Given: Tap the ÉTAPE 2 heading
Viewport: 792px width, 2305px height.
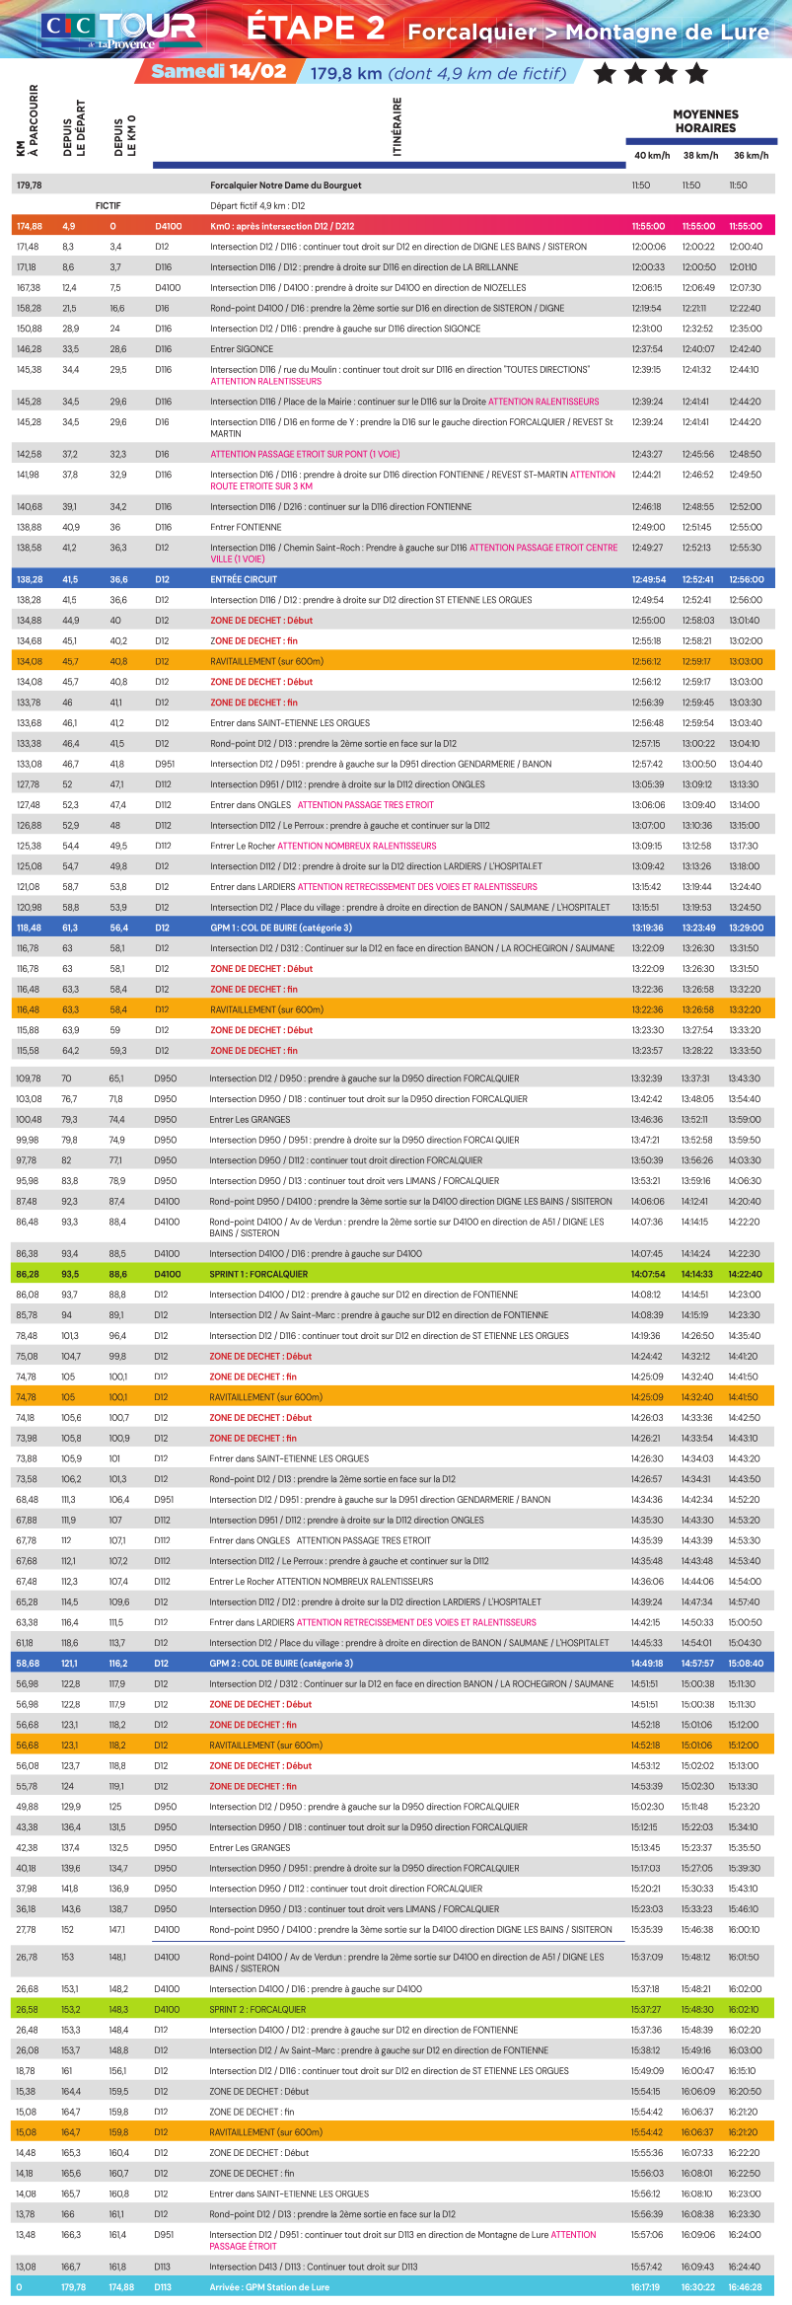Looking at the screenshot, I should pyautogui.click(x=315, y=28).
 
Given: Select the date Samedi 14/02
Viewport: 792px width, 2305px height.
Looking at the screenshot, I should pyautogui.click(x=219, y=71).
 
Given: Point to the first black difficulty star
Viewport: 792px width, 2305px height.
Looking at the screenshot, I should pyautogui.click(x=605, y=72).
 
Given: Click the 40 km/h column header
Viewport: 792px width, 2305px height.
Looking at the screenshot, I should pyautogui.click(x=651, y=155).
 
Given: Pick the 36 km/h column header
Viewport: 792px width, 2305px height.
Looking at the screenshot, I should pyautogui.click(x=751, y=155).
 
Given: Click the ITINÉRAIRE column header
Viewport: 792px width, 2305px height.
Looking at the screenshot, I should pyautogui.click(x=397, y=126).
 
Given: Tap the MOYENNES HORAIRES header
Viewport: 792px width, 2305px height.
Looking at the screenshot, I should pyautogui.click(x=705, y=121).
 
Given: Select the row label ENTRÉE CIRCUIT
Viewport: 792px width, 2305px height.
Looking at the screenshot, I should pyautogui.click(x=244, y=579).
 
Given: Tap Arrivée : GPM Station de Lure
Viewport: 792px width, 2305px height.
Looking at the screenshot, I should pyautogui.click(x=269, y=2286).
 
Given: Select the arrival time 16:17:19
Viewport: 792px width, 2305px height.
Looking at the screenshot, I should pyautogui.click(x=646, y=2286).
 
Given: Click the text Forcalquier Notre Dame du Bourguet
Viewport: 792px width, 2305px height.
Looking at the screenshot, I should pyautogui.click(x=285, y=186).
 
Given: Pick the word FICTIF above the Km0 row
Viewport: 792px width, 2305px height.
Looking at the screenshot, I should pyautogui.click(x=108, y=206).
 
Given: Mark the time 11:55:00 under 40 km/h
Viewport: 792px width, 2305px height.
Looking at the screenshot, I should pyautogui.click(x=648, y=226).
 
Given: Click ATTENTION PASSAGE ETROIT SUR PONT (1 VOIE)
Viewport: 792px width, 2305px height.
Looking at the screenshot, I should pyautogui.click(x=305, y=455).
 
